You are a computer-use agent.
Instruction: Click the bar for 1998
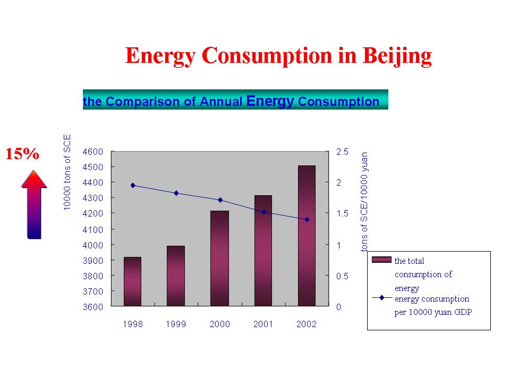pyautogui.click(x=133, y=281)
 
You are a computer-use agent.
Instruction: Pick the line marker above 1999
pyautogui.click(x=176, y=193)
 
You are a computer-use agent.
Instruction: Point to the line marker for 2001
pyautogui.click(x=263, y=212)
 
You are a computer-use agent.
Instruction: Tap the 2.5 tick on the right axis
pyautogui.click(x=343, y=152)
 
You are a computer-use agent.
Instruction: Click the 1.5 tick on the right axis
pyautogui.click(x=343, y=213)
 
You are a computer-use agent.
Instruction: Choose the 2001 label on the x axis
pyautogui.click(x=263, y=324)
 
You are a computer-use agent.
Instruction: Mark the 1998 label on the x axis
pyautogui.click(x=133, y=324)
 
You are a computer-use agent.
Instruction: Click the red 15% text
pyautogui.click(x=22, y=154)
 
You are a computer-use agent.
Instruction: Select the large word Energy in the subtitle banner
pyautogui.click(x=270, y=101)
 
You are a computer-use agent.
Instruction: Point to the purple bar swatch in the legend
pyautogui.click(x=381, y=260)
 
